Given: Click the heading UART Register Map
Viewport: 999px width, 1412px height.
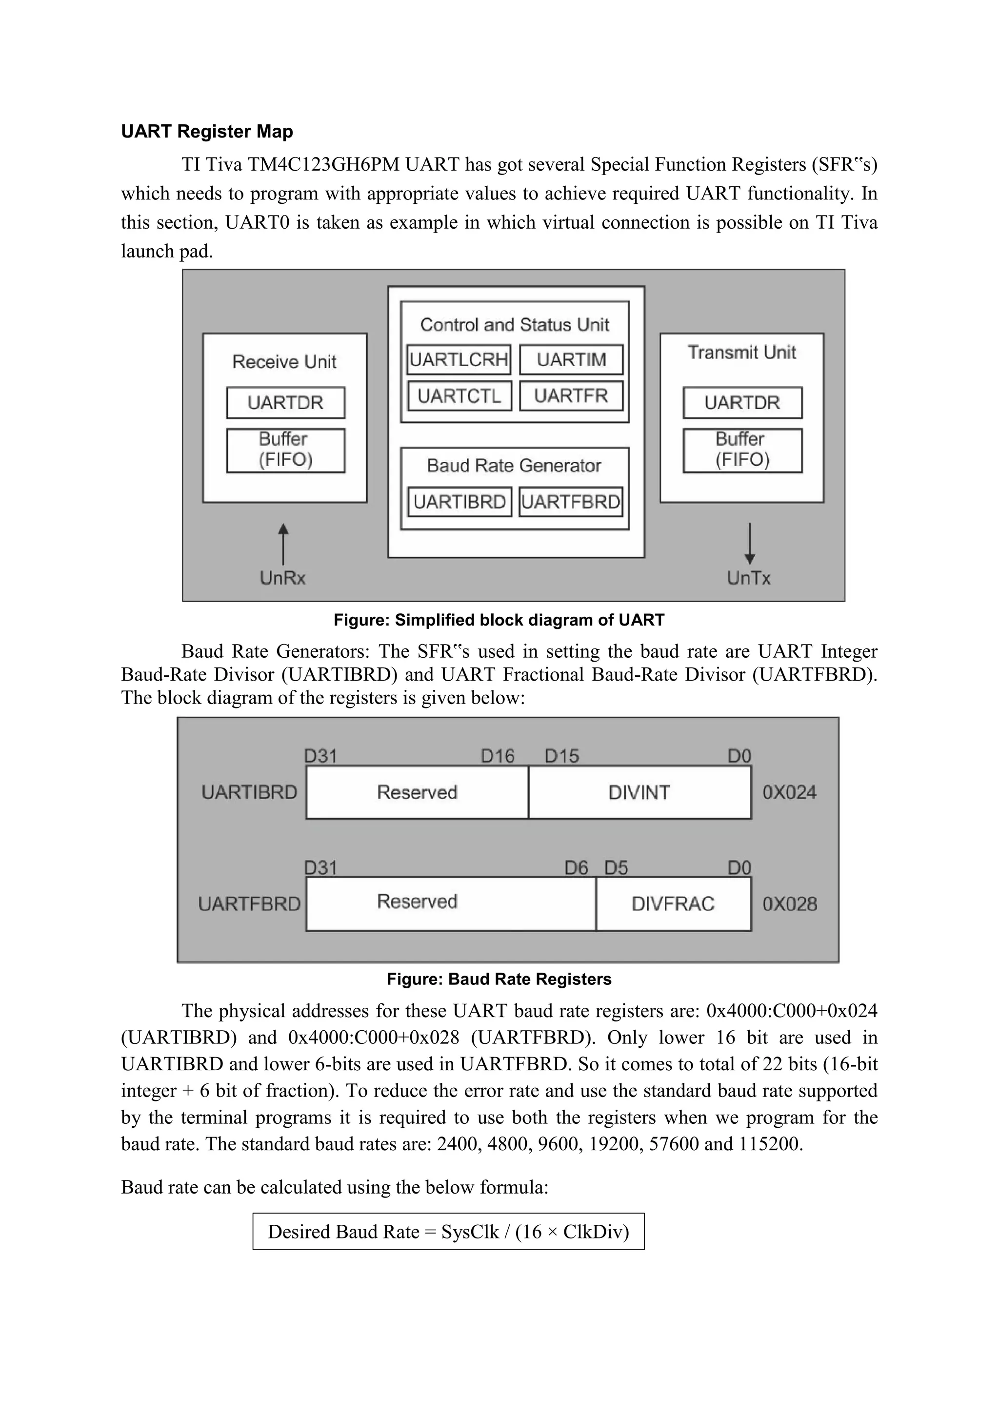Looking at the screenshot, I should (x=207, y=132).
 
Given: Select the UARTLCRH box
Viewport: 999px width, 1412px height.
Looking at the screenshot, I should (x=459, y=360).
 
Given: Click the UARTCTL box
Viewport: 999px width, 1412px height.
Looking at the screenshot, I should (x=459, y=396).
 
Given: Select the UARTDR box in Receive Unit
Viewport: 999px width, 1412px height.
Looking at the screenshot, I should (x=285, y=403).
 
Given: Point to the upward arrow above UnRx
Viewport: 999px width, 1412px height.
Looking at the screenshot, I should (x=283, y=544).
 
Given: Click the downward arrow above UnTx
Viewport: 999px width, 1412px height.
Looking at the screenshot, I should (x=749, y=544).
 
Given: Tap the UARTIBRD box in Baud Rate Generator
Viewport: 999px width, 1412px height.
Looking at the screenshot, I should (x=459, y=502).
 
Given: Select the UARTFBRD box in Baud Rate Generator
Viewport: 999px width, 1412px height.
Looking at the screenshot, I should (x=570, y=502).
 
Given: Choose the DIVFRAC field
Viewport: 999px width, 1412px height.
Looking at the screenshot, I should (x=673, y=903).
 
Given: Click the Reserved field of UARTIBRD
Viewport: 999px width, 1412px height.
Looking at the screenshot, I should (x=417, y=793).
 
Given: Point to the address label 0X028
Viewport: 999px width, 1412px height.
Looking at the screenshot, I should (x=790, y=904).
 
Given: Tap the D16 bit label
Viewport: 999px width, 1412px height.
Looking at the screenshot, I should (x=497, y=756).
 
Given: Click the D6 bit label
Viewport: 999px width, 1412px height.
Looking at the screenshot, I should (x=577, y=868).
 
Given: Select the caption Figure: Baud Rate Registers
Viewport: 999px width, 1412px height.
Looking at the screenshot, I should (x=499, y=979).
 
